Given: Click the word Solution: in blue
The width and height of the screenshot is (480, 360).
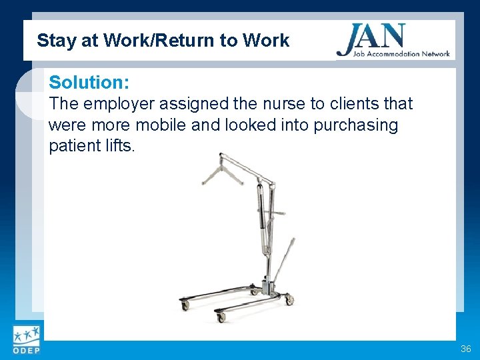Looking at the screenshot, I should tap(89, 83).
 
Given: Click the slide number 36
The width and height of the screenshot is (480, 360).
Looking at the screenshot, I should tap(465, 349).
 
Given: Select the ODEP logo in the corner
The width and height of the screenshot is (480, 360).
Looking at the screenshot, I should tap(25, 341).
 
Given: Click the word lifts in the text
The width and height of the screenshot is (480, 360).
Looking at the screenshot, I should tap(119, 146).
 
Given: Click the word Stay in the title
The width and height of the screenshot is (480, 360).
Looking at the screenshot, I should tap(52, 41).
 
